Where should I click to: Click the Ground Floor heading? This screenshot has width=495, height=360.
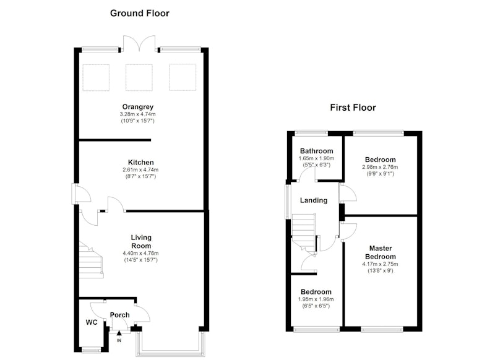click(x=140, y=13)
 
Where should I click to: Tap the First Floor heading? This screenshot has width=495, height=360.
click(x=353, y=108)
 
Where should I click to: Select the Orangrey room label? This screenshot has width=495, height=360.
click(x=137, y=107)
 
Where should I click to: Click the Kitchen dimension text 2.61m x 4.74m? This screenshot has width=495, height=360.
click(x=140, y=169)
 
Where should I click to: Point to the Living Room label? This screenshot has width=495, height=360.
click(x=141, y=242)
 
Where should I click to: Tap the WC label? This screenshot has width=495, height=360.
click(x=92, y=322)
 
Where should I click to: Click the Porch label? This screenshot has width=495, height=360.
click(x=119, y=315)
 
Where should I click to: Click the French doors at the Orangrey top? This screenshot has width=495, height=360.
click(x=139, y=43)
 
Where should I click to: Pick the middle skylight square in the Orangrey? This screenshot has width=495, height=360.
click(x=139, y=77)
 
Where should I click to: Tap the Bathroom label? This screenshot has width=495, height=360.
click(x=316, y=151)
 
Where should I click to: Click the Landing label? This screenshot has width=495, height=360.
click(x=314, y=200)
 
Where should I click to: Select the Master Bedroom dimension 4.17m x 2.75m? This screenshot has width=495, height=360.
click(x=380, y=264)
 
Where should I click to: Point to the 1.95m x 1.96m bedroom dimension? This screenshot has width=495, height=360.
click(x=316, y=299)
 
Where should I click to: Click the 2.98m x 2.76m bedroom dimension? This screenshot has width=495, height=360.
click(x=380, y=167)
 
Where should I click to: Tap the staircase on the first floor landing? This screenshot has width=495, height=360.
click(x=304, y=233)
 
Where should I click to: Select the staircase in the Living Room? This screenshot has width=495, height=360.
click(x=91, y=260)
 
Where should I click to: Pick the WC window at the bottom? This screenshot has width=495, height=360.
click(x=91, y=349)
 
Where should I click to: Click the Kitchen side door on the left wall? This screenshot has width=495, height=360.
click(x=80, y=193)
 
